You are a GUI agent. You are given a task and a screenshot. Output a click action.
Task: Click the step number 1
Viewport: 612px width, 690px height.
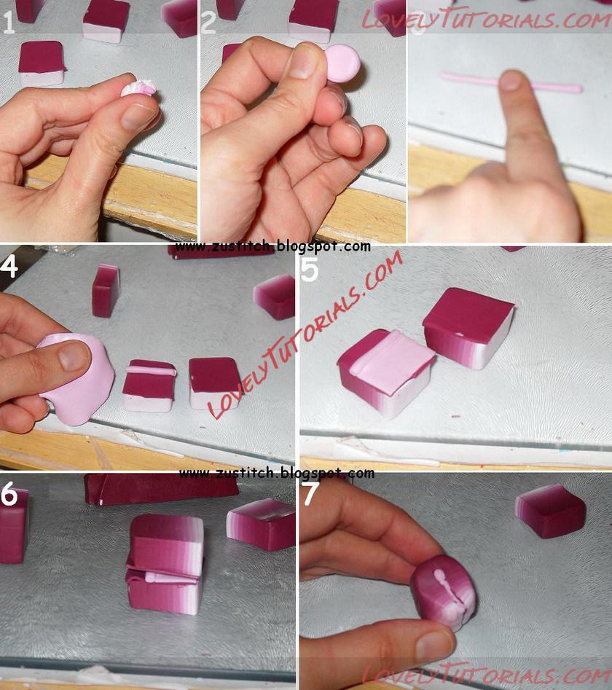[x=8, y=22]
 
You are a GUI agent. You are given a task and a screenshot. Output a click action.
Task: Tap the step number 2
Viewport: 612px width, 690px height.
[x=208, y=23]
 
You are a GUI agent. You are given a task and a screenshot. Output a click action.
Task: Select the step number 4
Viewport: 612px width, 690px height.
[x=9, y=265]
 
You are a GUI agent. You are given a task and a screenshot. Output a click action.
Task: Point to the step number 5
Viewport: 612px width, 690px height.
[x=310, y=270]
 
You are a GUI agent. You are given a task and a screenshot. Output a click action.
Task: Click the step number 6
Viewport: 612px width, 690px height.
[x=9, y=493]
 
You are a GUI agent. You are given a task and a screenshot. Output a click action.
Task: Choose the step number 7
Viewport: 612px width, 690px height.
[x=310, y=493]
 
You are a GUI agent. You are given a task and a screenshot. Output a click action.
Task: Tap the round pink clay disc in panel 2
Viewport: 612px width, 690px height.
[x=343, y=63]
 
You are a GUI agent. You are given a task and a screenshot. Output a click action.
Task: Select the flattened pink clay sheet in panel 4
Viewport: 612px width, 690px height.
[x=79, y=378]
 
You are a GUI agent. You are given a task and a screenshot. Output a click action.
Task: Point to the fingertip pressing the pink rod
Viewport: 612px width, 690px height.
[x=511, y=82]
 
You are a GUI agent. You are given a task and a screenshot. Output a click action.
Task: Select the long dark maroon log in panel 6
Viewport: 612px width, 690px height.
[x=161, y=488]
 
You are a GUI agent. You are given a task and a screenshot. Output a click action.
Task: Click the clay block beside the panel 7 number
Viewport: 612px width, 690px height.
[x=550, y=511]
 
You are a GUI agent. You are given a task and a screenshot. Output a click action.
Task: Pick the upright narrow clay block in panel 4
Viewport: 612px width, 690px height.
[x=106, y=291]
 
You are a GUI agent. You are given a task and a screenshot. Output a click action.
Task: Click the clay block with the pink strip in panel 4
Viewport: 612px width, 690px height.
[x=149, y=385]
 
